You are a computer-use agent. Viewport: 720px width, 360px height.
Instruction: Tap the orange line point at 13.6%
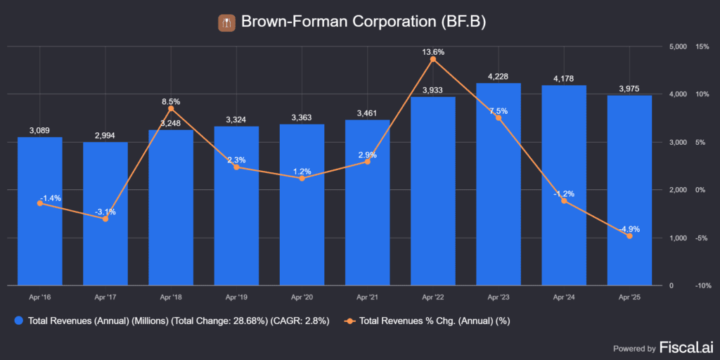pos(432,59)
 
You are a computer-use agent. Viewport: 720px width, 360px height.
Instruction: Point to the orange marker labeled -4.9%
pos(629,236)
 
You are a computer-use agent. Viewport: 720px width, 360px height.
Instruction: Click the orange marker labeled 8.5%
pos(171,108)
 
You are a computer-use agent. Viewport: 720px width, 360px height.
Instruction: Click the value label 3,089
pos(40,130)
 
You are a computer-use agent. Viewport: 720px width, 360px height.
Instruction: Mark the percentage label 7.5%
pos(499,111)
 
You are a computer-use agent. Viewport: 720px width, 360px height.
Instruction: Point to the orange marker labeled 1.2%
pos(302,179)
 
